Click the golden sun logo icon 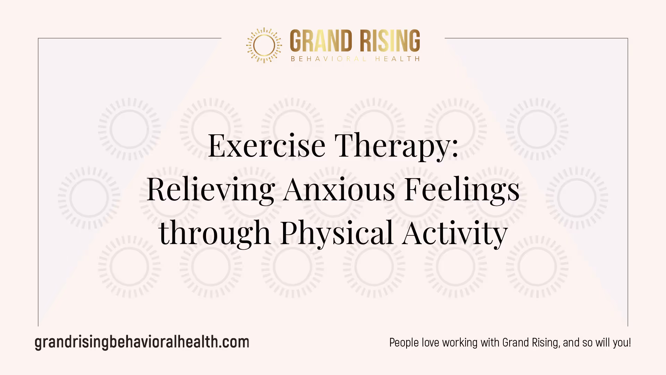264,45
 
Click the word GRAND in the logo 321,41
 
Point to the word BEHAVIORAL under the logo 328,59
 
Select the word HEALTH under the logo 398,59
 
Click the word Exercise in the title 267,145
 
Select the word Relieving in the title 211,190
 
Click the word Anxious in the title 339,190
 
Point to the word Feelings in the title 462,190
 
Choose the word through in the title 214,233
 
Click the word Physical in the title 337,233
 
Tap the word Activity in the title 455,233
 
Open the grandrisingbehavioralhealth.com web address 142,342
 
